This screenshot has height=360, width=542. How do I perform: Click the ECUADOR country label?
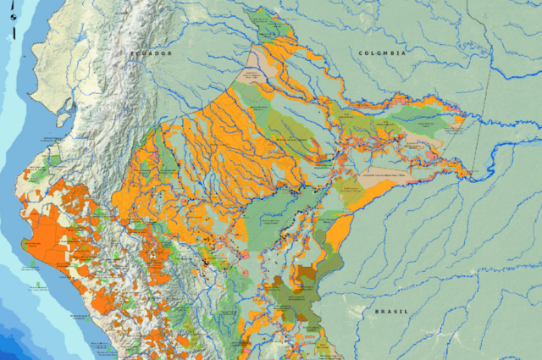click(x=150, y=53)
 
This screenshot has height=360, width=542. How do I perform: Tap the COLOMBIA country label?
click(x=383, y=53)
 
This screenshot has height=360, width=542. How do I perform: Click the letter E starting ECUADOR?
click(x=131, y=53)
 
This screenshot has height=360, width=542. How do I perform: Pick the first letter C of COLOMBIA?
click(x=361, y=53)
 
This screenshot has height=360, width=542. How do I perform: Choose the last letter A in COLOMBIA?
click(x=406, y=53)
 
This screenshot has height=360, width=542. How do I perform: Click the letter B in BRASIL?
click(x=377, y=311)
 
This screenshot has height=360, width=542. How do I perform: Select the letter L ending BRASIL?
click(x=409, y=311)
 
